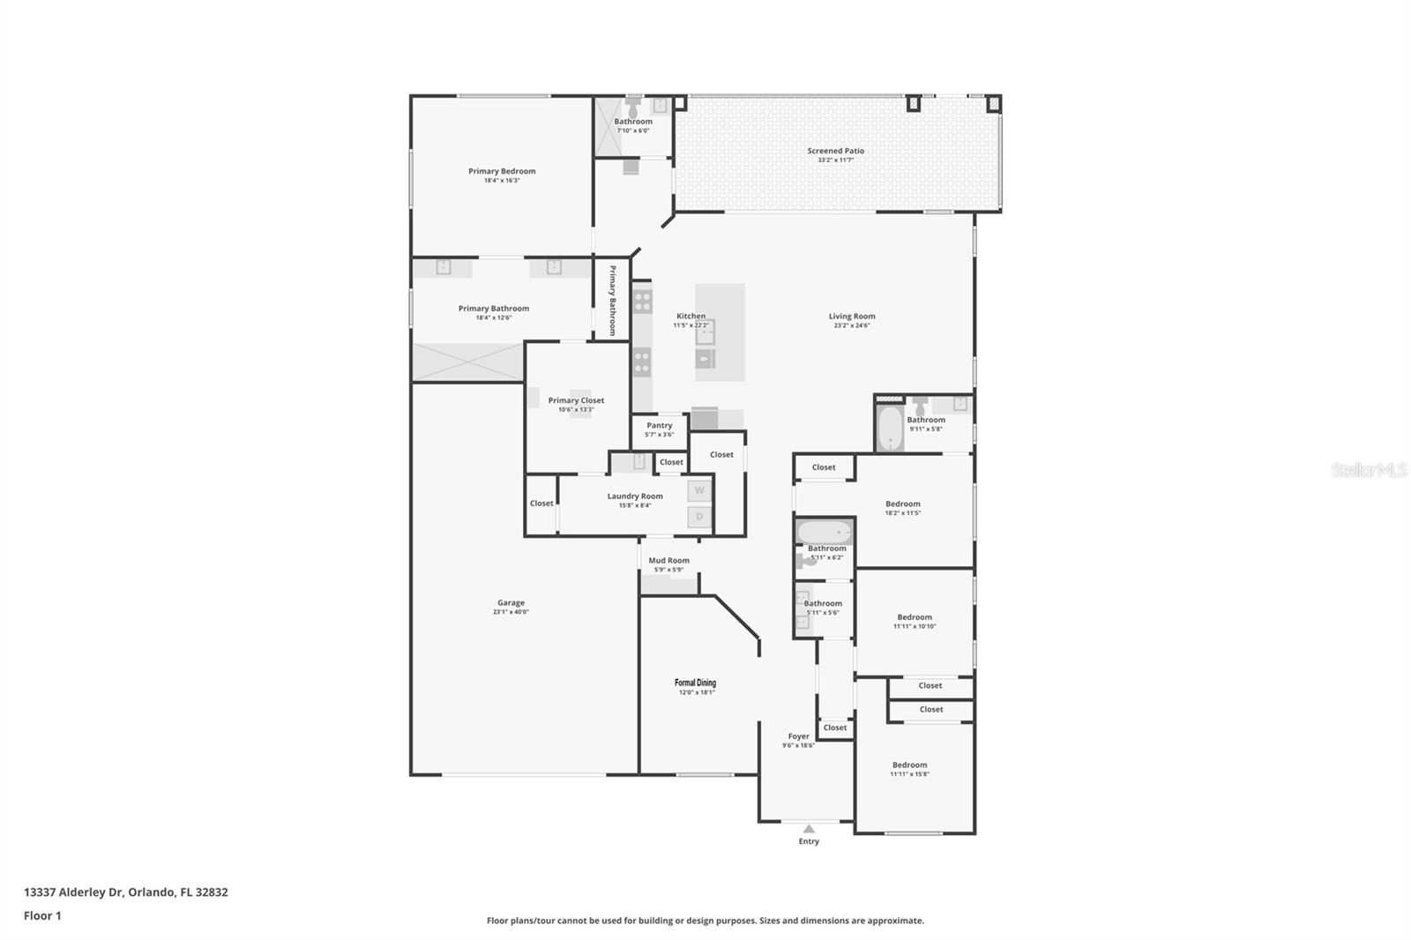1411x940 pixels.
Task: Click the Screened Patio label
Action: tap(835, 151)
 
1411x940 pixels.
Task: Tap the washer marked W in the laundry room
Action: tap(699, 490)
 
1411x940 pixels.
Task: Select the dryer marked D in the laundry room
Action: tap(699, 517)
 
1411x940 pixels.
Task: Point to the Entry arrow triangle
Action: tap(809, 828)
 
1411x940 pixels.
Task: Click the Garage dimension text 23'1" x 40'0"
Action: tap(511, 612)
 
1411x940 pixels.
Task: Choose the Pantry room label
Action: tap(659, 425)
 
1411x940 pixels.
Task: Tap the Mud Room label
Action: tap(668, 560)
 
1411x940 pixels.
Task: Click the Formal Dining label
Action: tap(695, 683)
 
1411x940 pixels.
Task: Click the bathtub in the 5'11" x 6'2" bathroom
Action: tap(824, 532)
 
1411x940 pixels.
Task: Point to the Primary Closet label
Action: tap(576, 400)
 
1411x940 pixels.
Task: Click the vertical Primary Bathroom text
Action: tap(612, 300)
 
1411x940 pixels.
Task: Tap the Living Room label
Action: tap(852, 316)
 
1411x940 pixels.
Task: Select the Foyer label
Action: tap(798, 736)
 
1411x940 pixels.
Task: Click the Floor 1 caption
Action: tap(42, 915)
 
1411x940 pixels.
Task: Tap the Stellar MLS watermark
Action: tap(1369, 470)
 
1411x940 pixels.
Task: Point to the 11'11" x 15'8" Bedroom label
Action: tap(909, 765)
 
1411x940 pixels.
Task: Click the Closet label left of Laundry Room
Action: tap(541, 504)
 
